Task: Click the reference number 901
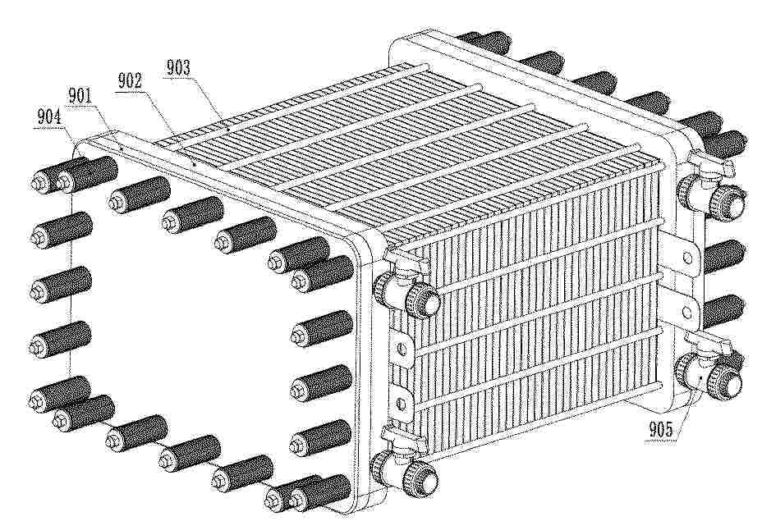(x=80, y=96)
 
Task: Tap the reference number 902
(x=129, y=80)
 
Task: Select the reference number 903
(x=178, y=67)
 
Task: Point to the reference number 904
(x=48, y=117)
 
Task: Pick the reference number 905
(x=661, y=430)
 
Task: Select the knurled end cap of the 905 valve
(x=727, y=379)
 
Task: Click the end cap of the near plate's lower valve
(x=422, y=477)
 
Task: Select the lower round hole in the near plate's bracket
(x=401, y=402)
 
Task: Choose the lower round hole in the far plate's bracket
(x=686, y=311)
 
